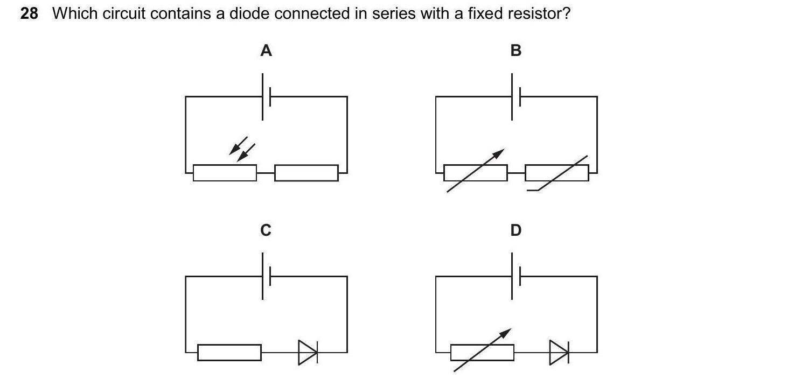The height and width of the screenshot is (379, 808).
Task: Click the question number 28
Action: coord(29,14)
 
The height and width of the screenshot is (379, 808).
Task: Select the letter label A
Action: coord(266,51)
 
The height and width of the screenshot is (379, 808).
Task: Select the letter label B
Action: coord(516,51)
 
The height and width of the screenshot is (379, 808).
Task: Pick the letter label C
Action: coord(266,230)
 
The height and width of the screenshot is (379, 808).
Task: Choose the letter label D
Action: coord(516,230)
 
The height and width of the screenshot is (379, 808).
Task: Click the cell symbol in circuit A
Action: coord(266,97)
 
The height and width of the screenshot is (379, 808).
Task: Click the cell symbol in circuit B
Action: coord(516,97)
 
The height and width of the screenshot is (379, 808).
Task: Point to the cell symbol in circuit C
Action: coord(266,277)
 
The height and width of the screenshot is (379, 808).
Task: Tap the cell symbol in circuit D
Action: coord(516,277)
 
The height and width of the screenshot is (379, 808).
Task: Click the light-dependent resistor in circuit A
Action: coord(225,173)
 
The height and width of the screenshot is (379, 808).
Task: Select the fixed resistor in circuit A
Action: coord(306,173)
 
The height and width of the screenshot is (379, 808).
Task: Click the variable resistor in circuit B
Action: coord(475,173)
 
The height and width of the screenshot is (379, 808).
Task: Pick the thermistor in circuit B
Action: coord(557,173)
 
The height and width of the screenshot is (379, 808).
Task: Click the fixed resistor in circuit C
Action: coord(229,353)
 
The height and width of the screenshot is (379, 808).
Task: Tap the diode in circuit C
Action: coord(308,353)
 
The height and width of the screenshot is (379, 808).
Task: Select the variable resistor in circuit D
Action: coord(482,353)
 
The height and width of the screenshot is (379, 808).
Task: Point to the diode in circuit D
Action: coord(559,353)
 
